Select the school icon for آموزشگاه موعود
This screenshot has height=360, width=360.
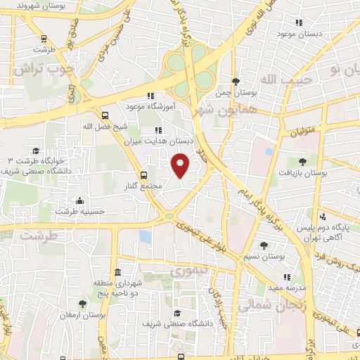pos(149,96)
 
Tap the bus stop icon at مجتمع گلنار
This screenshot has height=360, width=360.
pos(144,175)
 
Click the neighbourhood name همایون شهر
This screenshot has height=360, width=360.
pos(210,111)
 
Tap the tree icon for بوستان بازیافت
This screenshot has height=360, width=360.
pos(302,162)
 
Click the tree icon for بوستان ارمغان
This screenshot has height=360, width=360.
pos(82,304)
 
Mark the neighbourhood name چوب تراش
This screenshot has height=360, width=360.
pos(41,70)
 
